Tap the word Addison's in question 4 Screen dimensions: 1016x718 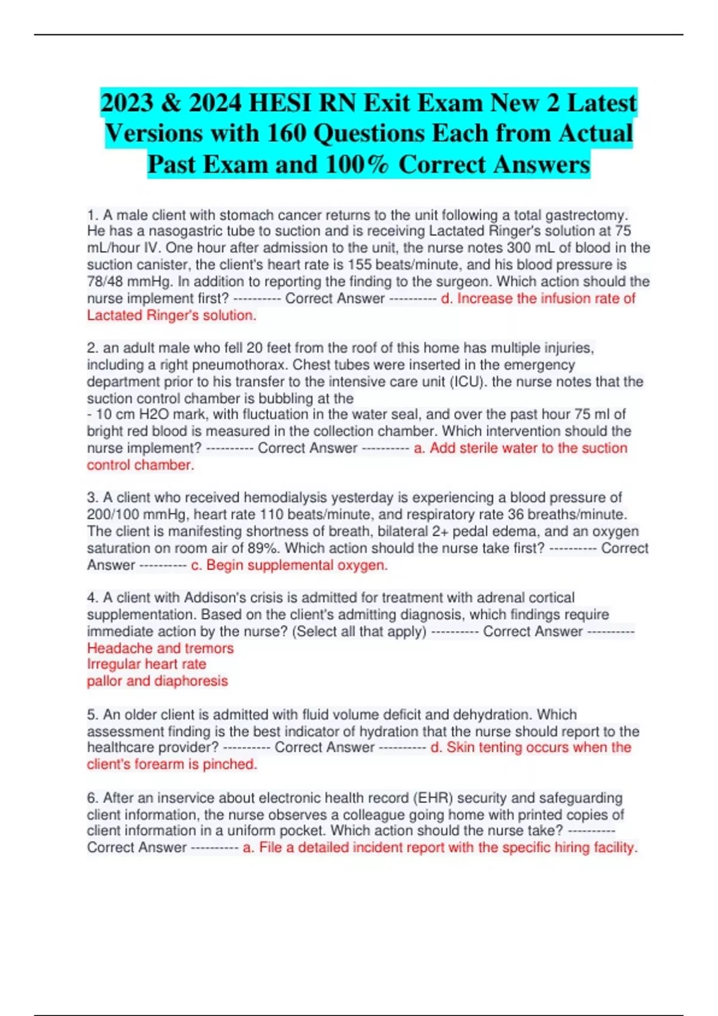tap(212, 598)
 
